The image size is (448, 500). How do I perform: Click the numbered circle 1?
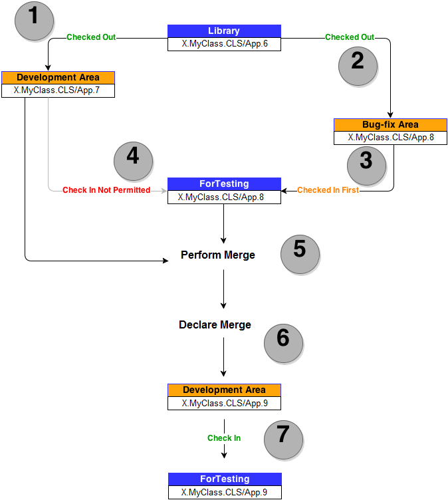point(34,21)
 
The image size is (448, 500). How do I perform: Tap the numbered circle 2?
point(358,66)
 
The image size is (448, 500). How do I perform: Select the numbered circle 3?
point(366,166)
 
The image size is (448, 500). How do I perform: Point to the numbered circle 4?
point(134,162)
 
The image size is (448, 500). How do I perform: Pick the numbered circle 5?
point(300,255)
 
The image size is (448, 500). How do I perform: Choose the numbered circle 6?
point(283,344)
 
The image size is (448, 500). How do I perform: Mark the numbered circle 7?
point(283,439)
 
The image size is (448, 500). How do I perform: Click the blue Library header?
point(224,31)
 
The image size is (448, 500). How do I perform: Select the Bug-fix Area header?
point(390,125)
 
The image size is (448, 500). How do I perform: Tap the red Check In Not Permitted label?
point(106,190)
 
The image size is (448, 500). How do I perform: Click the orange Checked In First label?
point(328,190)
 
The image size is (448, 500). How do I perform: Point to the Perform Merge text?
point(218,255)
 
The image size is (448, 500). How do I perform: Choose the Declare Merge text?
point(215,324)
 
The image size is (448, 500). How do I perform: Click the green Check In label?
point(224,437)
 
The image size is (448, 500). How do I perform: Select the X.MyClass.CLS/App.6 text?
point(225,44)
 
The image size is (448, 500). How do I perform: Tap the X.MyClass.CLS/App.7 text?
point(56,90)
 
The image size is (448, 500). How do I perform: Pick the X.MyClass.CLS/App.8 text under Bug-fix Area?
point(391,138)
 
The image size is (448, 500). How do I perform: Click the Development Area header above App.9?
point(224,390)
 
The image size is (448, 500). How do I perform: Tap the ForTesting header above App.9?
point(225,479)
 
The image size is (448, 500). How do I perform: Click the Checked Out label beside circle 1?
point(91,37)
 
